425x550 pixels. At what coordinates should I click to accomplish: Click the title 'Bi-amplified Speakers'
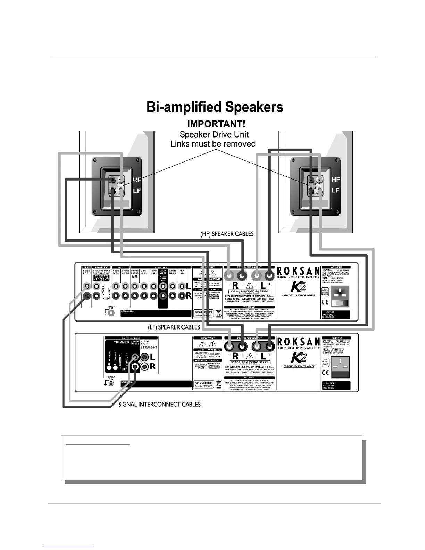point(215,107)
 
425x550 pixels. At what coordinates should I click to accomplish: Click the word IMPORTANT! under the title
point(212,124)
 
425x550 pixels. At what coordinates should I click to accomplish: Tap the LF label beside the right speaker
point(335,190)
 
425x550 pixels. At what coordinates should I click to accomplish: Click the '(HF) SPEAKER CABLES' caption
point(227,234)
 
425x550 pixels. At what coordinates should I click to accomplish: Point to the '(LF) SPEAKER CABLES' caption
point(174,327)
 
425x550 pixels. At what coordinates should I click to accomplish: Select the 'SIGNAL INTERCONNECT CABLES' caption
point(159,404)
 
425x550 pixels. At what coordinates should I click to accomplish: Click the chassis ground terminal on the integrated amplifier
point(111,313)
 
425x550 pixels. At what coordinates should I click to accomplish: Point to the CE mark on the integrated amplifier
point(325,301)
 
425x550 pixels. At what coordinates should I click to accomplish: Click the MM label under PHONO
point(135,277)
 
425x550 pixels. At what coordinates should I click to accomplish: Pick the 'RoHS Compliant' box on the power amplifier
point(203,384)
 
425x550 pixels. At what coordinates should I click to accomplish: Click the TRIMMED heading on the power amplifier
point(121,342)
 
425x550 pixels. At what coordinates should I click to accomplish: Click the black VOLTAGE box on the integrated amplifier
point(336,315)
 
